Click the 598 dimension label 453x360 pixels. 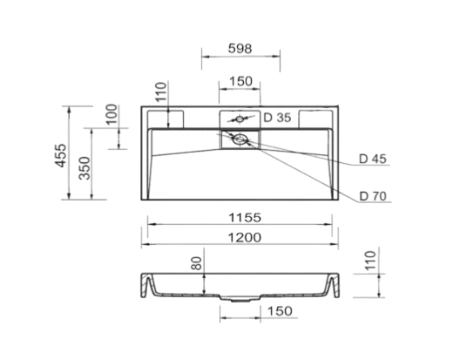pyautogui.click(x=240, y=49)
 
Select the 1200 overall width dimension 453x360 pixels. pyautogui.click(x=245, y=237)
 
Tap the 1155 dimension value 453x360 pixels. pyautogui.click(x=245, y=217)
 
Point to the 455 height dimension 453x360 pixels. pyautogui.click(x=61, y=155)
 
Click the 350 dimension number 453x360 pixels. pyautogui.click(x=85, y=167)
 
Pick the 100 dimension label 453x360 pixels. pyautogui.click(x=112, y=114)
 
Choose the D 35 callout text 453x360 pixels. pyautogui.click(x=277, y=118)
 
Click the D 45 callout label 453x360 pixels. pyautogui.click(x=373, y=159)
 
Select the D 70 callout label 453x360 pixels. pyautogui.click(x=373, y=196)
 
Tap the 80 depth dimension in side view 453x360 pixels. pyautogui.click(x=197, y=263)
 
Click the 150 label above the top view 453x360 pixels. pyautogui.click(x=240, y=81)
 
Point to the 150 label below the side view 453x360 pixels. pyautogui.click(x=280, y=311)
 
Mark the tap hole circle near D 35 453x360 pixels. pyautogui.click(x=240, y=119)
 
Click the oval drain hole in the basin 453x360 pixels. pyautogui.click(x=240, y=139)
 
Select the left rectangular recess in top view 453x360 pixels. pyautogui.click(x=166, y=119)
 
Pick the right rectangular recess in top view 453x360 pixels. pyautogui.click(x=315, y=119)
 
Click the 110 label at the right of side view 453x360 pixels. pyautogui.click(x=370, y=261)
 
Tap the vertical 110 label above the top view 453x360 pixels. pyautogui.click(x=161, y=92)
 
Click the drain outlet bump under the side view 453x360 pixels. pyautogui.click(x=240, y=299)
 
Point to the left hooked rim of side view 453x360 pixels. pyautogui.click(x=146, y=285)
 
